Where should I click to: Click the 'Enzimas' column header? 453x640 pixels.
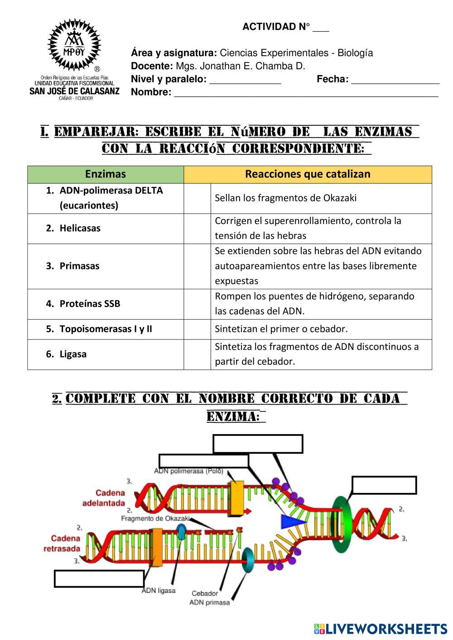(106, 174)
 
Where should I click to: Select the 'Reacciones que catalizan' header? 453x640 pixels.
(308, 174)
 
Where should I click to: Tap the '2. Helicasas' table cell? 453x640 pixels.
(106, 229)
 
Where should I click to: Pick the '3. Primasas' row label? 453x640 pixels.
(106, 266)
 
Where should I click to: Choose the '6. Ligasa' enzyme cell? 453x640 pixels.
(106, 354)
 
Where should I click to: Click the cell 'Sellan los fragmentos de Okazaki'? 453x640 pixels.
(321, 198)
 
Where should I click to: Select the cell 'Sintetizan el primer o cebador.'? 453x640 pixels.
(321, 329)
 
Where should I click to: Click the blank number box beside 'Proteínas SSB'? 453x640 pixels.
(197, 304)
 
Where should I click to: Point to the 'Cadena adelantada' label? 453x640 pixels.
(104, 497)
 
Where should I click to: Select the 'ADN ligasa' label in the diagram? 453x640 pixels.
(159, 591)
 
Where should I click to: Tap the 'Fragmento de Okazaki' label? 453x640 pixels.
(155, 519)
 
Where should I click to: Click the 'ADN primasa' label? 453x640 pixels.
(209, 602)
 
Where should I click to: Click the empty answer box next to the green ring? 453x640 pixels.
(384, 485)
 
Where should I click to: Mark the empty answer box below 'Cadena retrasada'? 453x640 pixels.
(99, 579)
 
